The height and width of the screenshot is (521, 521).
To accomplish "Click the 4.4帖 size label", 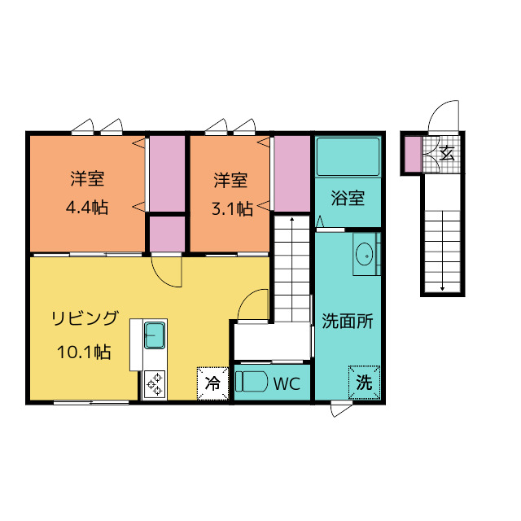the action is pyautogui.click(x=87, y=208).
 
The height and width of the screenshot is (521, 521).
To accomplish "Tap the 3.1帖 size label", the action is pyautogui.click(x=233, y=209).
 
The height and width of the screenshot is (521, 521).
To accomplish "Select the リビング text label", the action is pyautogui.click(x=85, y=318).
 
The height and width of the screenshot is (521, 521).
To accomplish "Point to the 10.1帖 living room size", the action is pyautogui.click(x=84, y=352).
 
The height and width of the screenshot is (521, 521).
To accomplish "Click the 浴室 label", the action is pyautogui.click(x=348, y=198).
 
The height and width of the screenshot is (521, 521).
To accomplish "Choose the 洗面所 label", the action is pyautogui.click(x=348, y=321).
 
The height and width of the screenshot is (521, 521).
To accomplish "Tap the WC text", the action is pyautogui.click(x=287, y=383).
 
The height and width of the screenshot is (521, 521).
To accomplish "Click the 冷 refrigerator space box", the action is pyautogui.click(x=212, y=383).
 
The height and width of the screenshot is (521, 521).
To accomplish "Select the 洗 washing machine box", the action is pyautogui.click(x=364, y=382).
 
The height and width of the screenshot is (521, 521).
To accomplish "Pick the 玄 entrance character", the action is pyautogui.click(x=447, y=153).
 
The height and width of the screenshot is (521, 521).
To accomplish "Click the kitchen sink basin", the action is pyautogui.click(x=155, y=335).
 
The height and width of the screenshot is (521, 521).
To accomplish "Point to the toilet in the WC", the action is pyautogui.click(x=252, y=382).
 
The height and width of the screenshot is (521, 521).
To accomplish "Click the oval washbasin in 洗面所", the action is pyautogui.click(x=365, y=254).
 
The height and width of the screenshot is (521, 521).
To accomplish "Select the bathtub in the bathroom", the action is pyautogui.click(x=348, y=156).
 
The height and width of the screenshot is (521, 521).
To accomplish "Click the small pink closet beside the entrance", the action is pyautogui.click(x=413, y=154).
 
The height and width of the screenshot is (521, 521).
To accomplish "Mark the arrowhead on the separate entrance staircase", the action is pyautogui.click(x=442, y=288).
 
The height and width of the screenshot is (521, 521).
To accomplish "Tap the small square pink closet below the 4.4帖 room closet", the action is pyautogui.click(x=167, y=234).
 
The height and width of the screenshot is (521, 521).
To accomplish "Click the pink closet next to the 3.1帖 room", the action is pyautogui.click(x=291, y=173).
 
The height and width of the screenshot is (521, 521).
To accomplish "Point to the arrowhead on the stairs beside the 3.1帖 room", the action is pyautogui.click(x=291, y=219).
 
